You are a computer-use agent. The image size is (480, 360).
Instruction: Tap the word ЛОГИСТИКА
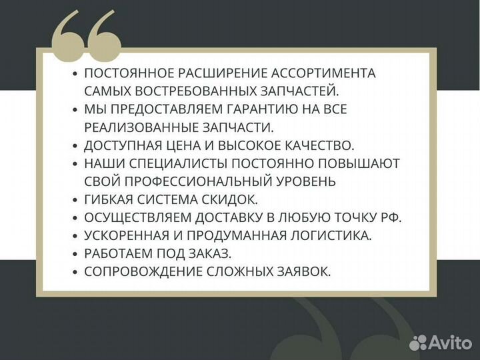click(x=335, y=235)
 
